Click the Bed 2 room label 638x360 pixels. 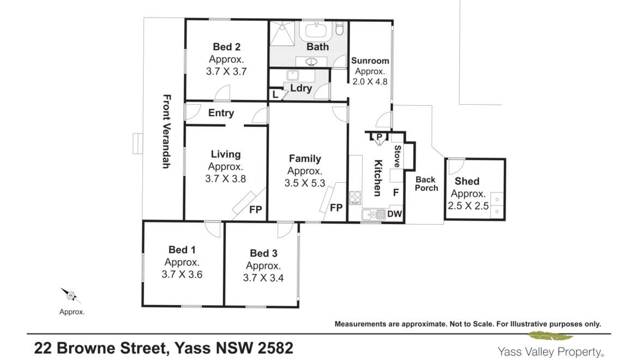(227, 47)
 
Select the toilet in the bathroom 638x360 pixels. (340, 28)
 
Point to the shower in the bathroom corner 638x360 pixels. (281, 33)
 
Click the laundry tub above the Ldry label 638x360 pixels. (292, 75)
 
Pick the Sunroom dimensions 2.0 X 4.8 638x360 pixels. (370, 81)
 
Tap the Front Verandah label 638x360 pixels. (166, 131)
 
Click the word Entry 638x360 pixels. (221, 113)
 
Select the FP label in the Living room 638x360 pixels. (256, 209)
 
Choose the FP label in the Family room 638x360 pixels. (336, 208)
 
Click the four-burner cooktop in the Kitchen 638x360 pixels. (355, 197)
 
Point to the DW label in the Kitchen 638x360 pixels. (394, 214)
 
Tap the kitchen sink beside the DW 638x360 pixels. (374, 215)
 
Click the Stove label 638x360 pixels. (398, 156)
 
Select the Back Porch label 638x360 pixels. (426, 184)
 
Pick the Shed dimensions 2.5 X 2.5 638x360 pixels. (468, 206)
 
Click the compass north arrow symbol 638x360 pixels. (70, 295)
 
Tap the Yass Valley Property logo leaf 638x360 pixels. (551, 336)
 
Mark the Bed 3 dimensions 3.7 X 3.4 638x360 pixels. (263, 278)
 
